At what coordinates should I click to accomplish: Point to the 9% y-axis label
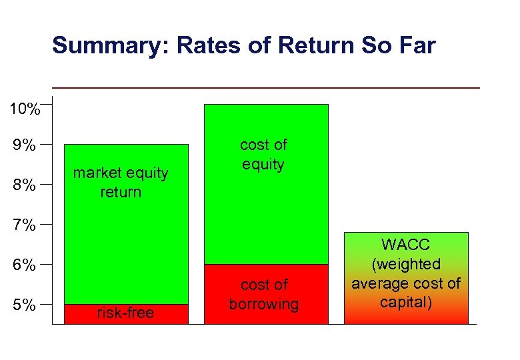coord(25,145)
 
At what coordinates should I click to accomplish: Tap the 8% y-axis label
coord(25,185)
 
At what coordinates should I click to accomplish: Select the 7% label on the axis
coord(25,225)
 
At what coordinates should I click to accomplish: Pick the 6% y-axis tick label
coord(25,265)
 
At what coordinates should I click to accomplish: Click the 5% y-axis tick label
coord(25,305)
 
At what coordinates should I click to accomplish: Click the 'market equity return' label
coord(121,182)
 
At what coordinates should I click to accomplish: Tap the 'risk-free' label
coord(125,313)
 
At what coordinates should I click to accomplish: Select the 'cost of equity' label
coord(263,155)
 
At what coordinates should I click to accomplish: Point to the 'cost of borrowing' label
coord(264,294)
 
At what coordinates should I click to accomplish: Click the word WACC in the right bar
coord(406,245)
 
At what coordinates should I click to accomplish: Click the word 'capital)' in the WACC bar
coord(406,302)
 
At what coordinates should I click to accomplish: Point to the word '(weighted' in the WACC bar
coord(406,264)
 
